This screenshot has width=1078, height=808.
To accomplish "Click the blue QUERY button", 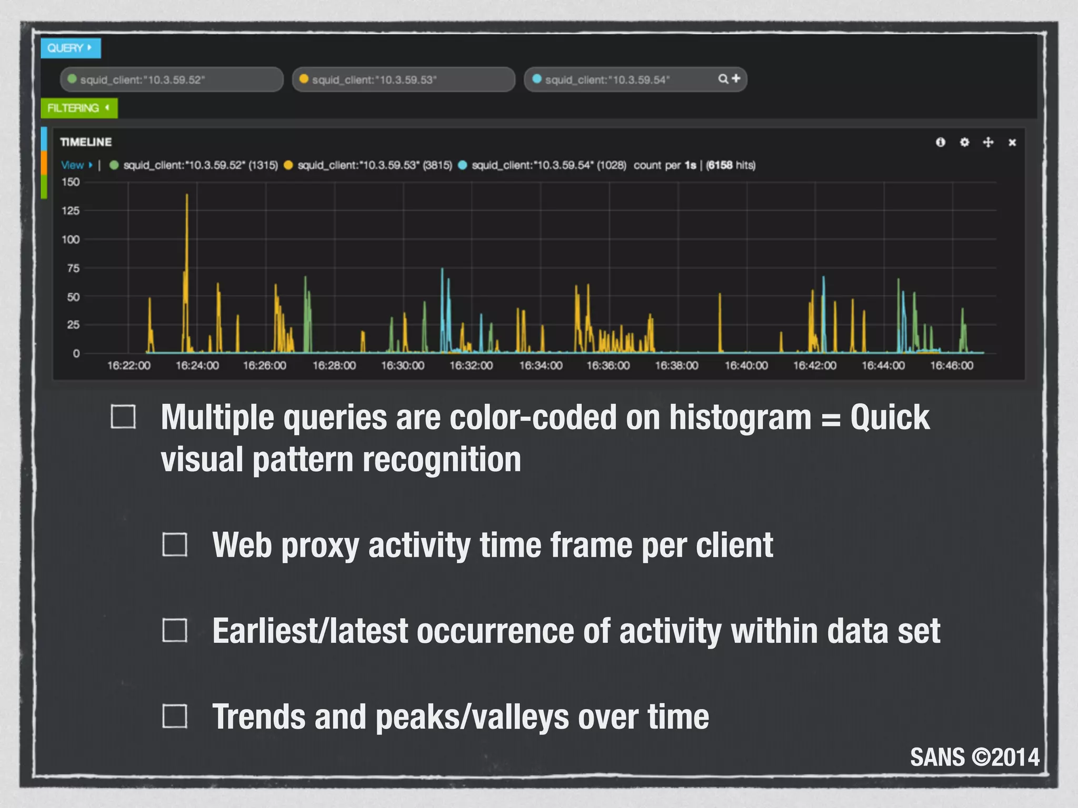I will pyautogui.click(x=70, y=48).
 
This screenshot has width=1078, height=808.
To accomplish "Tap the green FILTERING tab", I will pyautogui.click(x=78, y=108).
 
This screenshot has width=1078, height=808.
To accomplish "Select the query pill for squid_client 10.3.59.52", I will pyautogui.click(x=172, y=79).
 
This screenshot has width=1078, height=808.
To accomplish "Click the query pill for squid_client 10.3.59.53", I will pyautogui.click(x=403, y=79).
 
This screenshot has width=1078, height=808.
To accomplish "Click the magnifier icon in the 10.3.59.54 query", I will pyautogui.click(x=723, y=79).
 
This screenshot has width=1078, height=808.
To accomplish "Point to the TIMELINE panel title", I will pyautogui.click(x=86, y=142).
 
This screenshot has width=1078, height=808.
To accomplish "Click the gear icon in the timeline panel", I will pyautogui.click(x=964, y=142).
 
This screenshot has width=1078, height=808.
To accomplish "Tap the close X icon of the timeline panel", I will pyautogui.click(x=1012, y=143).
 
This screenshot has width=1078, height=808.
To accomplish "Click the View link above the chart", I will pyautogui.click(x=73, y=165).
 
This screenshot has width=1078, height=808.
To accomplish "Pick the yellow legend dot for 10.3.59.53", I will pyautogui.click(x=288, y=165).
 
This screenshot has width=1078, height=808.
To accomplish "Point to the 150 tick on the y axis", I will pyautogui.click(x=71, y=182).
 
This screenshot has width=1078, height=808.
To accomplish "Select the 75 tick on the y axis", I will pyautogui.click(x=73, y=268).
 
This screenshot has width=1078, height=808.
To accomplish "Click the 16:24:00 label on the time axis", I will pyautogui.click(x=197, y=365).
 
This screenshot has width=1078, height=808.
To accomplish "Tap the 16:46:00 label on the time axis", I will pyautogui.click(x=952, y=365).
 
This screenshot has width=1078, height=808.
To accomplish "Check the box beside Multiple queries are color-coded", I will pyautogui.click(x=123, y=417).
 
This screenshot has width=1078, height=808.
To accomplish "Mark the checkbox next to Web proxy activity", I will pyautogui.click(x=175, y=544).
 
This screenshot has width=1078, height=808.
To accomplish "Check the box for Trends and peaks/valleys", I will pyautogui.click(x=175, y=716).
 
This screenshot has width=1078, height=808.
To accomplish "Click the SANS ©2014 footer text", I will pyautogui.click(x=975, y=757).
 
